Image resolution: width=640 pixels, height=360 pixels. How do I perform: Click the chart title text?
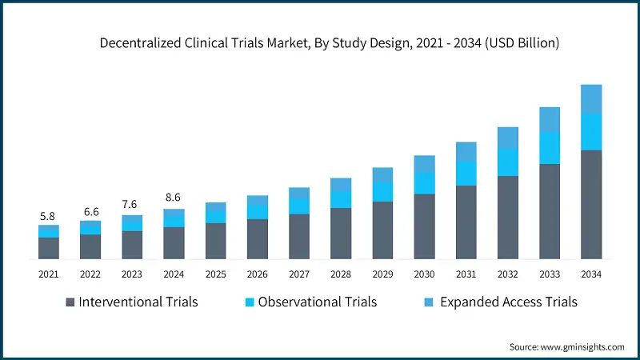(x=329, y=44)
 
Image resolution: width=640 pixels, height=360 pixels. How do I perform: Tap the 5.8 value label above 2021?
(x=48, y=216)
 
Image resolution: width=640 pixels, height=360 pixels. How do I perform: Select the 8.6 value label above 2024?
(x=174, y=196)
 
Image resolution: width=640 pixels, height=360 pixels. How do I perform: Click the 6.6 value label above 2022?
(x=90, y=211)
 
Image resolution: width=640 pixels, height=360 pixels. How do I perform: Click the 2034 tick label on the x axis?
(x=591, y=274)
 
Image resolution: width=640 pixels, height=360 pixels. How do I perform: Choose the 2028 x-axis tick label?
(x=341, y=274)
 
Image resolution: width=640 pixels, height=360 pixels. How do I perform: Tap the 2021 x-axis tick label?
(x=48, y=274)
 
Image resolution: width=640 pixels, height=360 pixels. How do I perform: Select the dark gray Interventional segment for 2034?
(x=591, y=204)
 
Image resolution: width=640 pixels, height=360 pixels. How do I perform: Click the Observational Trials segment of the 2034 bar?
(x=591, y=131)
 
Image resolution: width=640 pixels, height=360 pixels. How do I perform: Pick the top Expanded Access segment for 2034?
(x=591, y=98)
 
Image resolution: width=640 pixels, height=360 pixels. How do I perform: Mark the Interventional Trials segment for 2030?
(x=424, y=226)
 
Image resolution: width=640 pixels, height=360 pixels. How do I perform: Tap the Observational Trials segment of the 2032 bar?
(x=508, y=162)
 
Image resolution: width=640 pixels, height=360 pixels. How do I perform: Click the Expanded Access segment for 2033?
(x=550, y=119)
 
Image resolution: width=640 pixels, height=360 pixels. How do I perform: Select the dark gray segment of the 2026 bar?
(x=257, y=239)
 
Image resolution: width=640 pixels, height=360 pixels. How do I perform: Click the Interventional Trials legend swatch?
(x=70, y=302)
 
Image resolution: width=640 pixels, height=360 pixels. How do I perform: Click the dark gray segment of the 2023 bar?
(x=132, y=245)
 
